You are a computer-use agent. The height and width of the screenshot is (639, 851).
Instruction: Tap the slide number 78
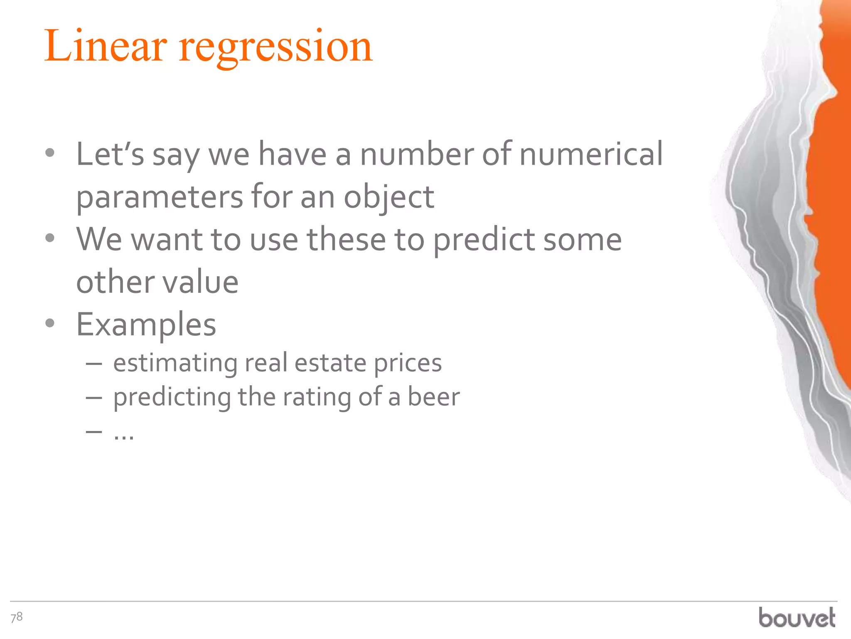pyautogui.click(x=17, y=617)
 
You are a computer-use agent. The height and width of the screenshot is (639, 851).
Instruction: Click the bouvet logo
pyautogui.click(x=797, y=618)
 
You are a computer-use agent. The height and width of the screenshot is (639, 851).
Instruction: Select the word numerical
pyautogui.click(x=591, y=154)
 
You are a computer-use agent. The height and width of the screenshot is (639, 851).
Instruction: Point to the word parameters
pyautogui.click(x=160, y=197)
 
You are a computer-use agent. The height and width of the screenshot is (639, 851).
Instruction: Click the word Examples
pyautogui.click(x=146, y=324)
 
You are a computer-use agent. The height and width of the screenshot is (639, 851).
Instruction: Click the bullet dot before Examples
pyautogui.click(x=50, y=323)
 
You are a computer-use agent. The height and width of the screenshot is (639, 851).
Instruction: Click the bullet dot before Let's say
pyautogui.click(x=50, y=153)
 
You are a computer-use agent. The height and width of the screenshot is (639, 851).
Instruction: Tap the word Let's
pyautogui.click(x=110, y=154)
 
